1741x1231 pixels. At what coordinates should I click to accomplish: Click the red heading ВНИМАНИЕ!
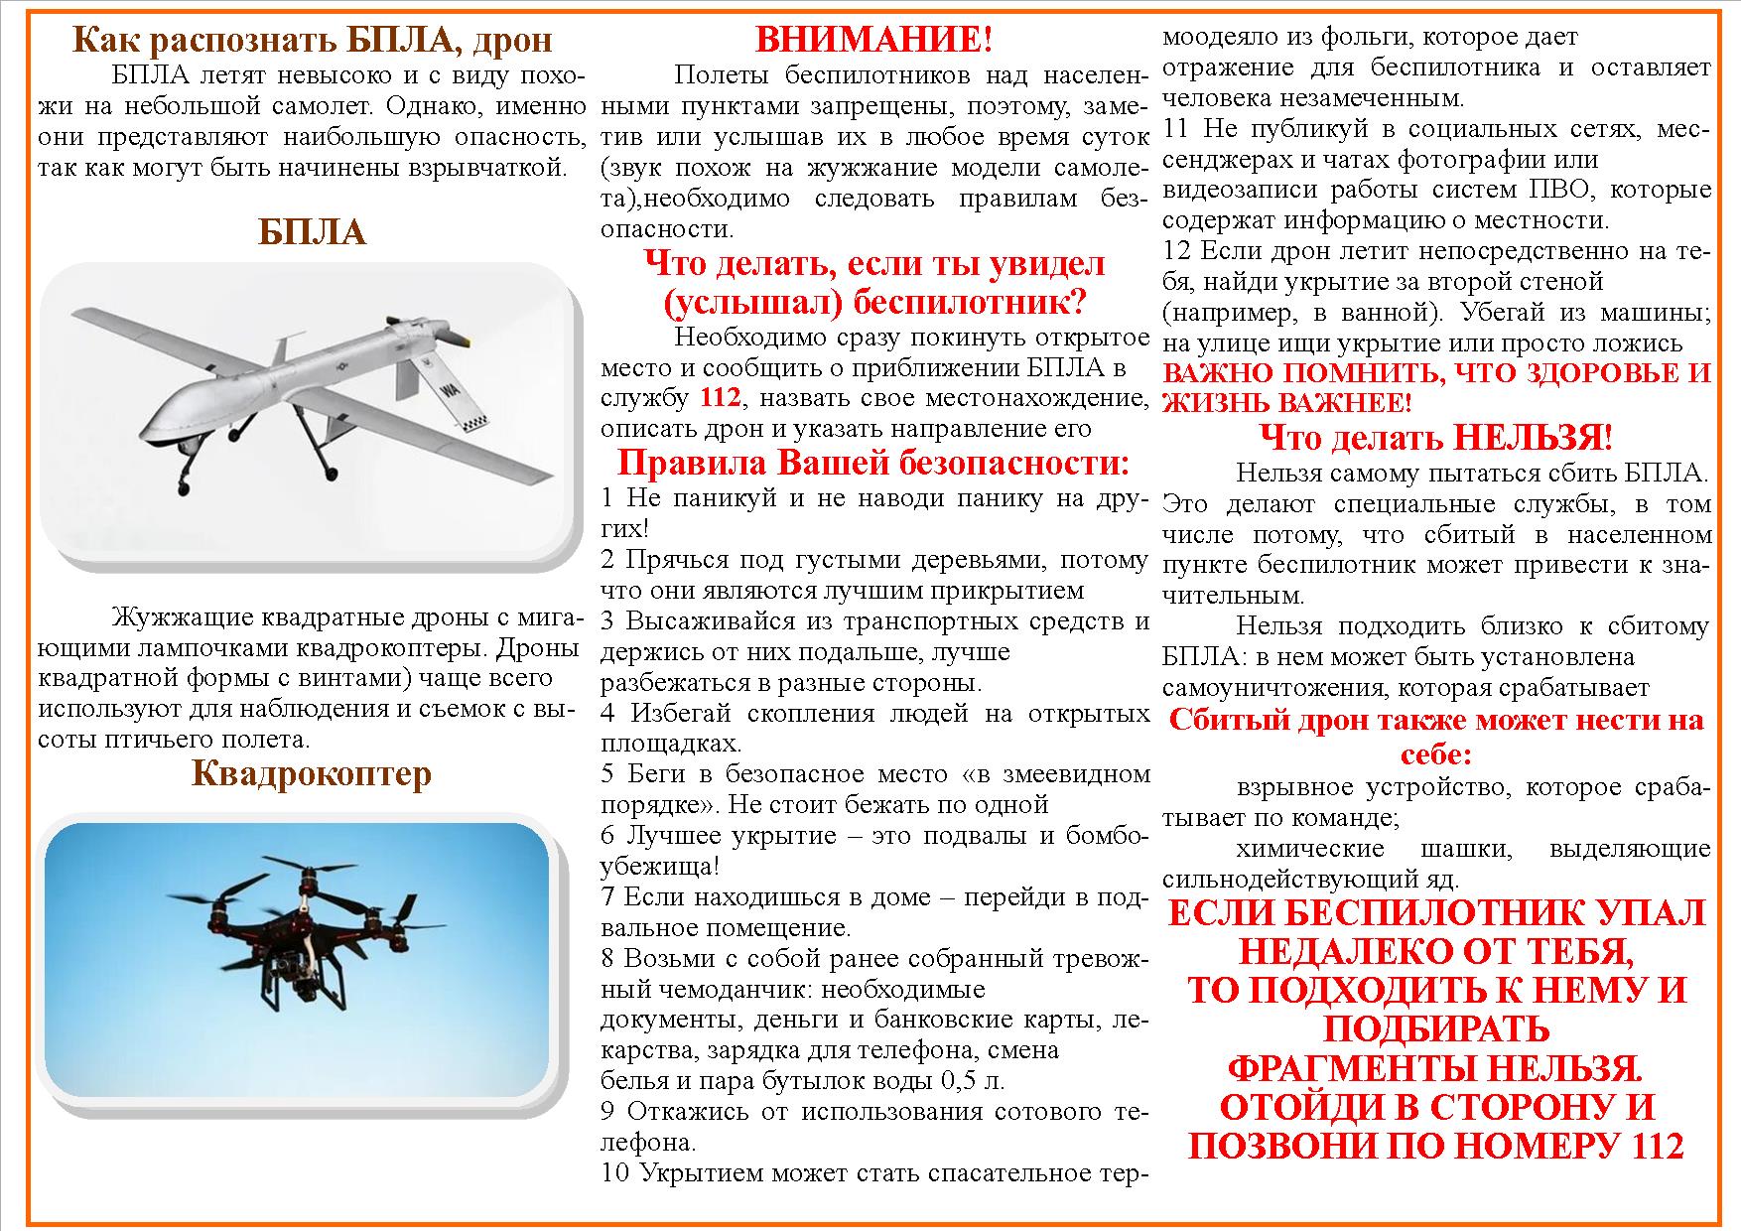click(x=873, y=40)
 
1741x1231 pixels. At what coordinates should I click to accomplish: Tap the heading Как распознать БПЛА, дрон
click(x=313, y=40)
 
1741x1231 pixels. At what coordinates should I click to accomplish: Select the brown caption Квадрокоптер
click(x=312, y=772)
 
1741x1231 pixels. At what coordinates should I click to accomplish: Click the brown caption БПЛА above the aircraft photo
click(x=312, y=232)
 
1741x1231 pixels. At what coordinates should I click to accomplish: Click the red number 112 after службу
click(x=721, y=398)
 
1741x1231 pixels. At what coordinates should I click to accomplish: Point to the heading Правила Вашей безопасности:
click(x=873, y=463)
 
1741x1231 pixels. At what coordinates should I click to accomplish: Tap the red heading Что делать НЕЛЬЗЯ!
click(x=1435, y=437)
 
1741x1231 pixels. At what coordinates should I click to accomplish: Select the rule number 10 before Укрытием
click(x=615, y=1172)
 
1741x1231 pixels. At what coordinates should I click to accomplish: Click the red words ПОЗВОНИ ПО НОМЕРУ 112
click(x=1436, y=1146)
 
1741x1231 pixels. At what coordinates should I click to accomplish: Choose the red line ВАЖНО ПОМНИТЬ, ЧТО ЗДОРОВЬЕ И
click(x=1436, y=373)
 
